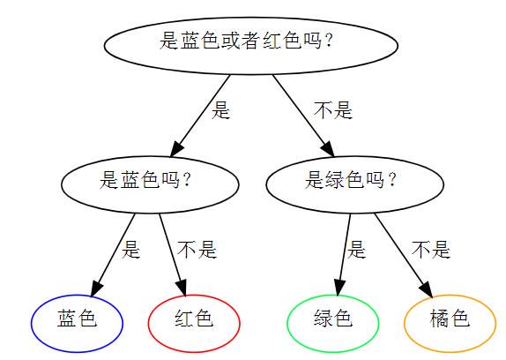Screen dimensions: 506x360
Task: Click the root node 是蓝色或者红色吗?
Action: click(x=250, y=46)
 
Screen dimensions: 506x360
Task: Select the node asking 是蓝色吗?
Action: click(x=150, y=184)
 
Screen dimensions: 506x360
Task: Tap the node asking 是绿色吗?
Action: click(x=355, y=184)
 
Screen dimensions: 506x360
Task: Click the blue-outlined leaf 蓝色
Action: click(x=77, y=323)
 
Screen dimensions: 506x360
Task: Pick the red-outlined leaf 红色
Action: click(x=194, y=323)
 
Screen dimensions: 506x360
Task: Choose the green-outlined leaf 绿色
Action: click(x=333, y=323)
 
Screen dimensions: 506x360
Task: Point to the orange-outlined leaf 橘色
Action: click(x=450, y=323)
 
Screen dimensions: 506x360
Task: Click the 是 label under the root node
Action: click(x=220, y=110)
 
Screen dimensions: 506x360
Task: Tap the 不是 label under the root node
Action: click(x=333, y=110)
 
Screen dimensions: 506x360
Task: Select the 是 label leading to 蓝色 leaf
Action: click(x=130, y=249)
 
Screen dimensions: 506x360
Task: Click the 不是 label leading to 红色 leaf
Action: click(x=197, y=249)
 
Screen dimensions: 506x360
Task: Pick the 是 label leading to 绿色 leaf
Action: click(x=356, y=249)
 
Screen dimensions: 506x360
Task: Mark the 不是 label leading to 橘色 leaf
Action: click(x=431, y=249)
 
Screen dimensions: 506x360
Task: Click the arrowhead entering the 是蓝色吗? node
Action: click(x=176, y=148)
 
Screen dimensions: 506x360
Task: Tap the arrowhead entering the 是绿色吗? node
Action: click(x=328, y=148)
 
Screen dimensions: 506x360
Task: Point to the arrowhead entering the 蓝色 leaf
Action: click(x=96, y=288)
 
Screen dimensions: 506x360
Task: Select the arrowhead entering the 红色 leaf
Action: click(x=182, y=288)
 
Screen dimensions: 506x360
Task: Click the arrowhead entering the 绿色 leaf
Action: click(x=339, y=288)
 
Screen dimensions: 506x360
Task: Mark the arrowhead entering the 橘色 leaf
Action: click(x=427, y=289)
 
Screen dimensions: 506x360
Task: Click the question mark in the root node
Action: click(x=329, y=41)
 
